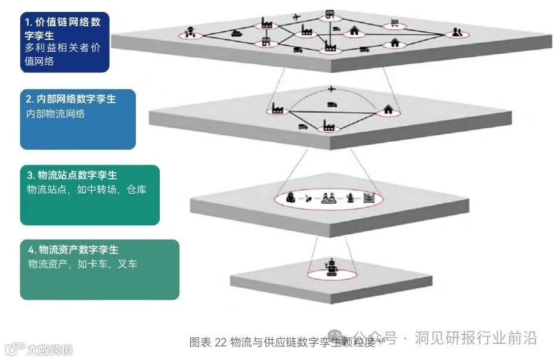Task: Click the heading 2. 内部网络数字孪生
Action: tap(71, 100)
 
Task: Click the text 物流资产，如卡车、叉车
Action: tap(82, 263)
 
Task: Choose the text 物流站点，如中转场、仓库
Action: tap(87, 190)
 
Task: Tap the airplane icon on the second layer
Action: tap(333, 90)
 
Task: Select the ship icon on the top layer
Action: tap(235, 33)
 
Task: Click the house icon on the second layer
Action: tap(388, 110)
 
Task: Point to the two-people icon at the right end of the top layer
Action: tap(457, 33)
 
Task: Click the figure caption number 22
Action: tap(221, 342)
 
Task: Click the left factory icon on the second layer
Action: tap(277, 108)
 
